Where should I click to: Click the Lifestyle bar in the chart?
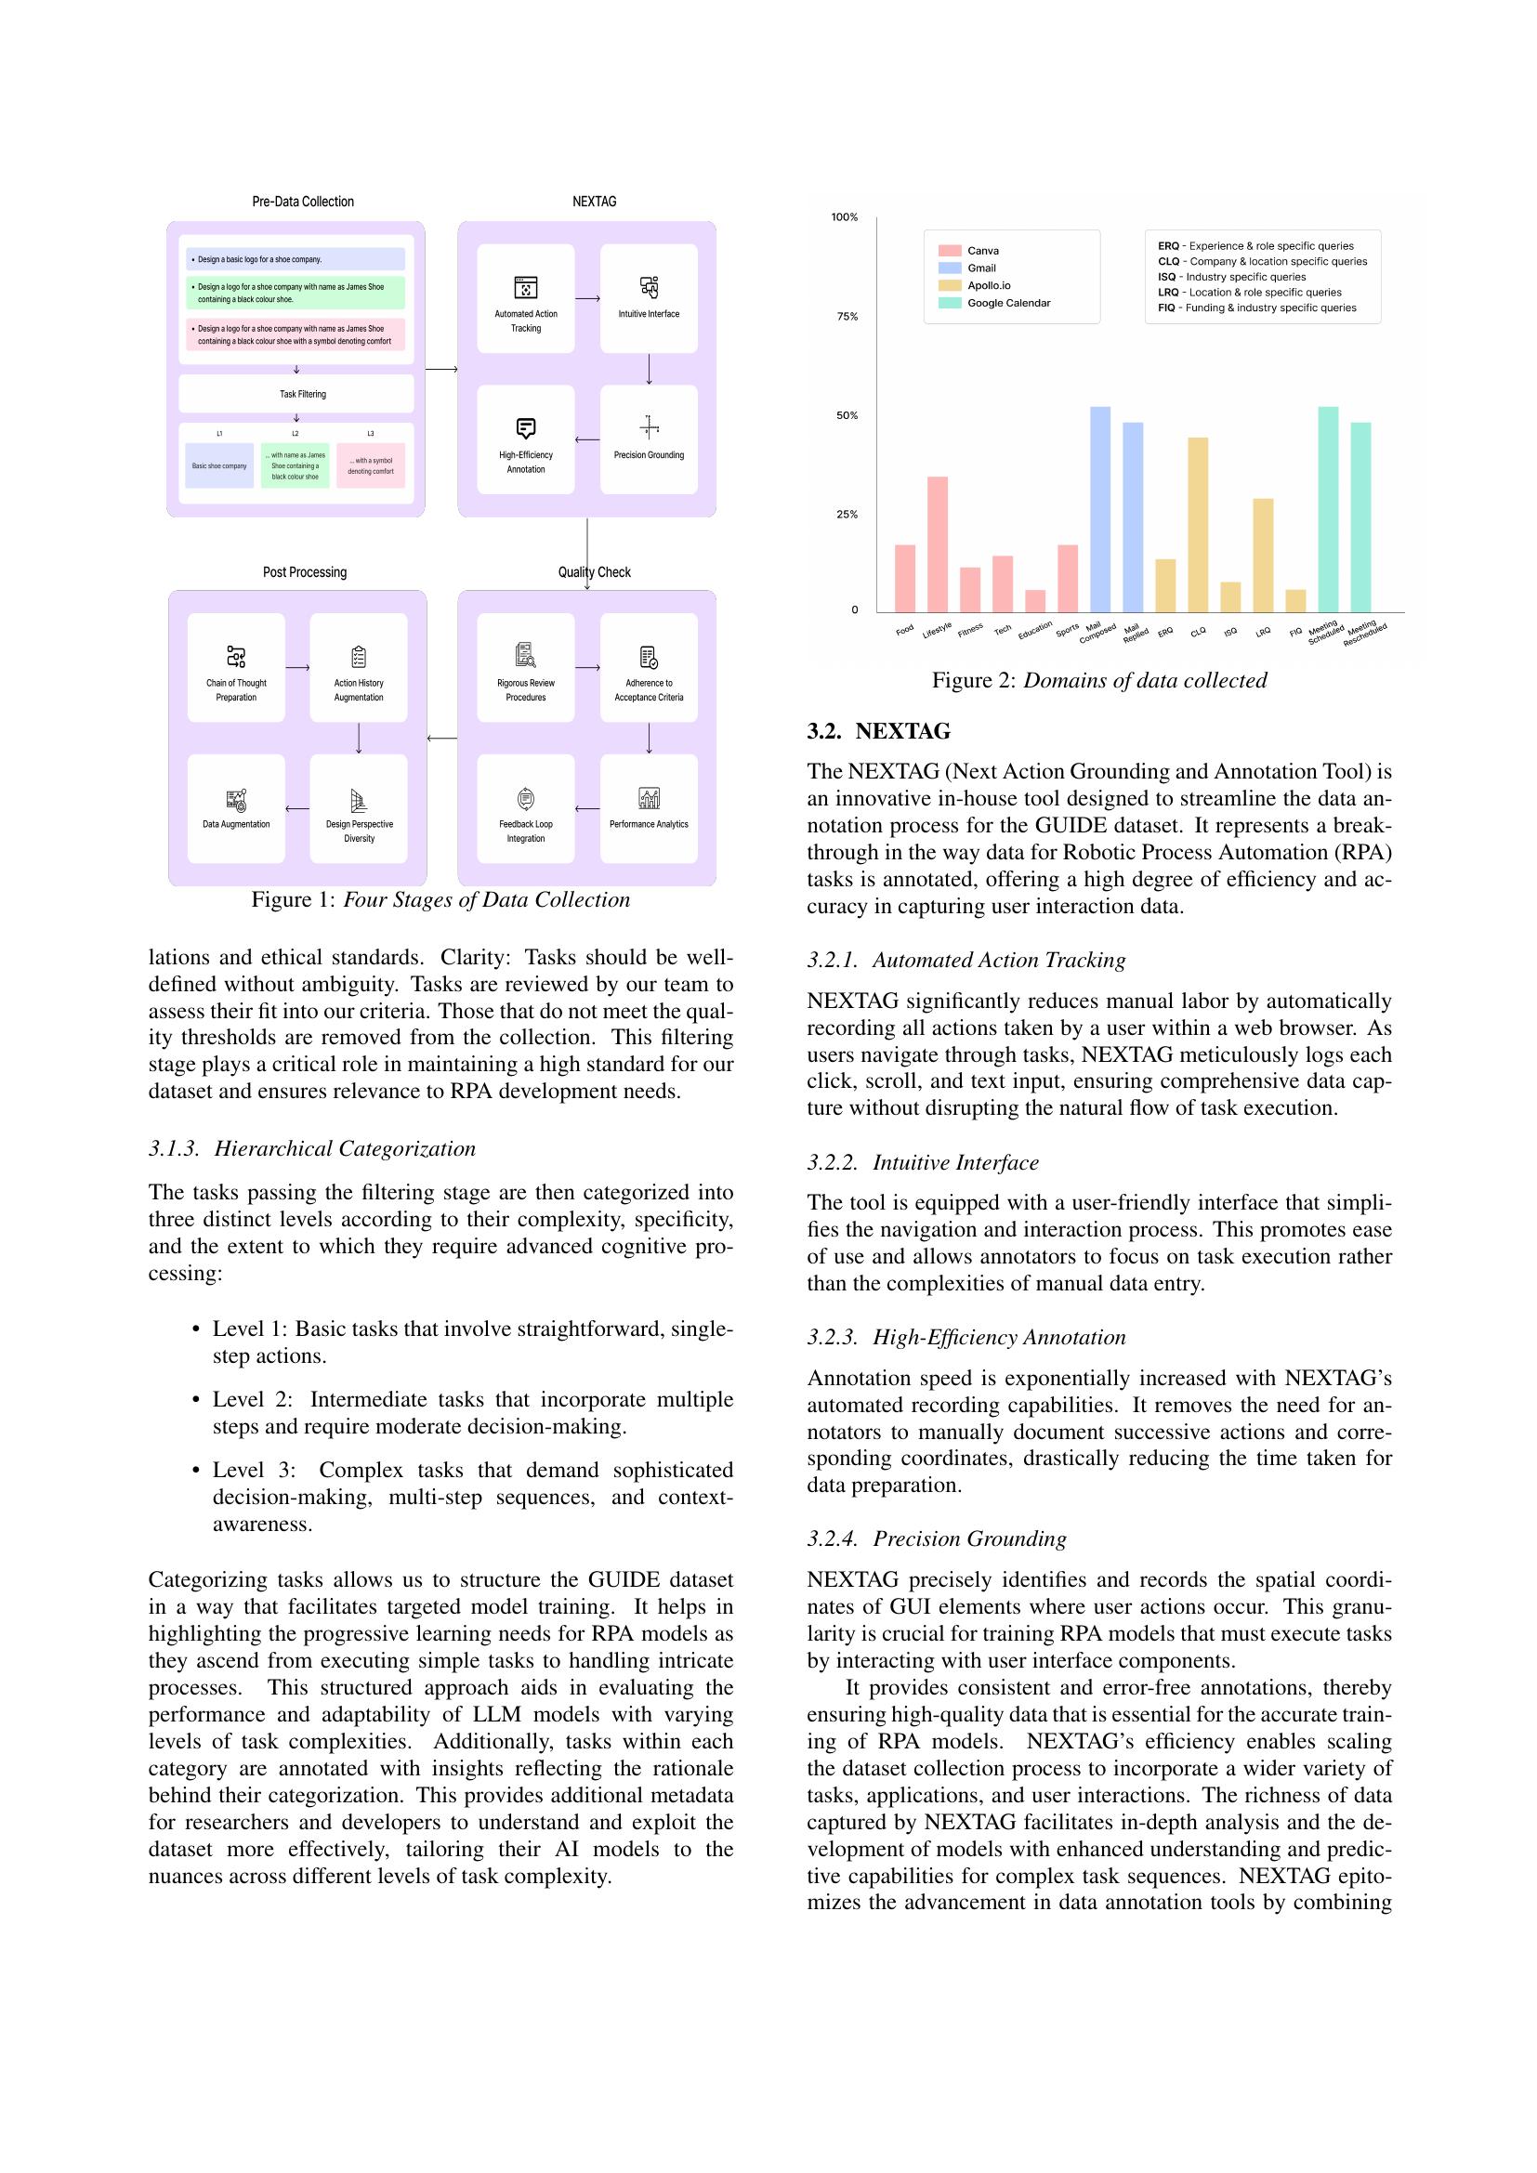pos(937,544)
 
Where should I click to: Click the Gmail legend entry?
pos(980,268)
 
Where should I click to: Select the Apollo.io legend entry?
pos(988,285)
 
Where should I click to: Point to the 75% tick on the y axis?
pos(847,316)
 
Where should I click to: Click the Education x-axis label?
pos(1034,629)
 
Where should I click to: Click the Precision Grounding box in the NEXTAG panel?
pos(649,439)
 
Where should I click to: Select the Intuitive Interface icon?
pos(649,286)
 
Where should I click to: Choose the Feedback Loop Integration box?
pos(525,808)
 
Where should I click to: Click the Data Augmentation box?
pos(236,808)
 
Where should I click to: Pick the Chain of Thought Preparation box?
pos(236,667)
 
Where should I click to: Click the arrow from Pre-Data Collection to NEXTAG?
pos(441,369)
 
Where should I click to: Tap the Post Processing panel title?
pos(305,571)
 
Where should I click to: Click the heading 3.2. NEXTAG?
pos(878,730)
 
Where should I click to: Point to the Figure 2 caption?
pos(1098,679)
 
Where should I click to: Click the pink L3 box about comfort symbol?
pos(370,465)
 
